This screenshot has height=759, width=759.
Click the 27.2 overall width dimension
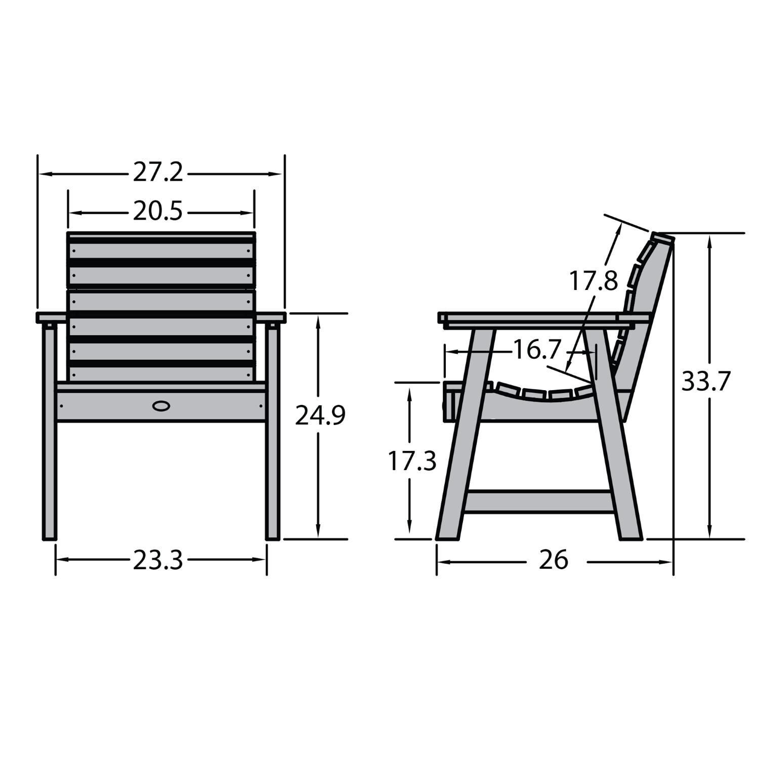tap(157, 173)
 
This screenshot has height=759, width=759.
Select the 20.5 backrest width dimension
tap(157, 212)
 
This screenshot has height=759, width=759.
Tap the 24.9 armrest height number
tap(320, 415)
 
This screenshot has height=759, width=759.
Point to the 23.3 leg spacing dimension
tap(157, 561)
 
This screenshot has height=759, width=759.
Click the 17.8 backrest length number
tap(593, 281)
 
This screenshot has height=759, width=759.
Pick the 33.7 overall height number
tap(706, 382)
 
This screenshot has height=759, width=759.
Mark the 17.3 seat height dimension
tap(412, 461)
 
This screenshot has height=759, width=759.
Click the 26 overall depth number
tap(553, 560)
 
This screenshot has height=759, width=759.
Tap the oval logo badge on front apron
tap(161, 406)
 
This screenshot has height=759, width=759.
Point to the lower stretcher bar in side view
tap(539, 501)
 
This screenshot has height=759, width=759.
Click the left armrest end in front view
tap(51, 318)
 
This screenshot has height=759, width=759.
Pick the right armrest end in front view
tap(272, 318)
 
